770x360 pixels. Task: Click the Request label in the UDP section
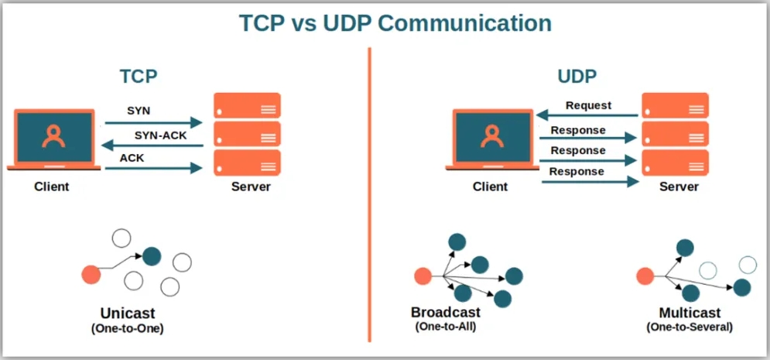[588, 105]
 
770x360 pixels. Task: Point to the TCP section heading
[139, 77]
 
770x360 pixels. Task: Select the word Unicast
[128, 314]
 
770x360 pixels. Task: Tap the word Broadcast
[446, 312]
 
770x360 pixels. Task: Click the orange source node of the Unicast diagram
[91, 273]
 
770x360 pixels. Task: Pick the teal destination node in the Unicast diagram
[152, 255]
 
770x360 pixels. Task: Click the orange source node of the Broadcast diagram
[423, 276]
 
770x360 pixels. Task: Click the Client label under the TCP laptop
[52, 187]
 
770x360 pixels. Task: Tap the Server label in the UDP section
[679, 187]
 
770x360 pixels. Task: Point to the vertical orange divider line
[370, 194]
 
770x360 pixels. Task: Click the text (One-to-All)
[445, 327]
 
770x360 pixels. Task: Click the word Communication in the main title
[462, 22]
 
